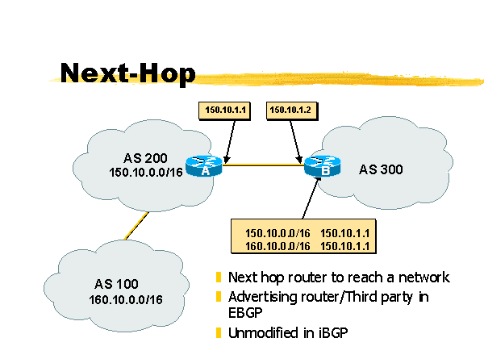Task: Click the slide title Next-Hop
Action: [127, 73]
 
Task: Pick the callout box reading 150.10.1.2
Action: [288, 109]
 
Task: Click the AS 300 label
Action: [381, 169]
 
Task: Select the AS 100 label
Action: [116, 284]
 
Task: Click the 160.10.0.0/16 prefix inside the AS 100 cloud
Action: [126, 300]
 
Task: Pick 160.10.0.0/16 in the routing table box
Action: [271, 244]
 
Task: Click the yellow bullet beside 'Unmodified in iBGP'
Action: [219, 332]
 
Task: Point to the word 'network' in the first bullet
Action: [424, 277]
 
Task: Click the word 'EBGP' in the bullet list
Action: [245, 313]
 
